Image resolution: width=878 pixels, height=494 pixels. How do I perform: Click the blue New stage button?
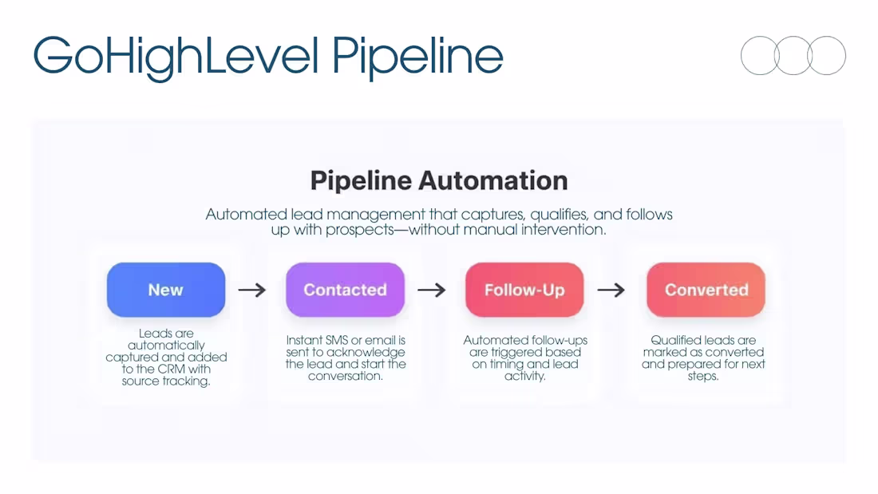166,290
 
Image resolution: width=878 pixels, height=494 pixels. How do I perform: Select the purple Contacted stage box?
345,290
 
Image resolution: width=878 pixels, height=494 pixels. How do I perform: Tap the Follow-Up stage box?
524,290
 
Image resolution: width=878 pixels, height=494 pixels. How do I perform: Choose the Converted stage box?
706,290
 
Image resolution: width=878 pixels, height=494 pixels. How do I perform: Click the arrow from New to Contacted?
252,290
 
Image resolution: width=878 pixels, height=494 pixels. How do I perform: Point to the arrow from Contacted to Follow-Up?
432,290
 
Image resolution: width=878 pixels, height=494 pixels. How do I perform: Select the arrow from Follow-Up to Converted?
611,290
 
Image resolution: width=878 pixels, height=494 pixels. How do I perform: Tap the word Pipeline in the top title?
417,56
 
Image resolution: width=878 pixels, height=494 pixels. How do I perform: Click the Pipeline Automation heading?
439,180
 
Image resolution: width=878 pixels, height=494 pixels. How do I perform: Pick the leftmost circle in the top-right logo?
759,56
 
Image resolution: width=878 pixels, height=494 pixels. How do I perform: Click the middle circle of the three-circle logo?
793,56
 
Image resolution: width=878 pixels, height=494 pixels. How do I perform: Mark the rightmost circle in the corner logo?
827,56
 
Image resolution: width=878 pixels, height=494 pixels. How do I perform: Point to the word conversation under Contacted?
346,376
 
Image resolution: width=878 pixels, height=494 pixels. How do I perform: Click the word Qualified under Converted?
675,341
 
